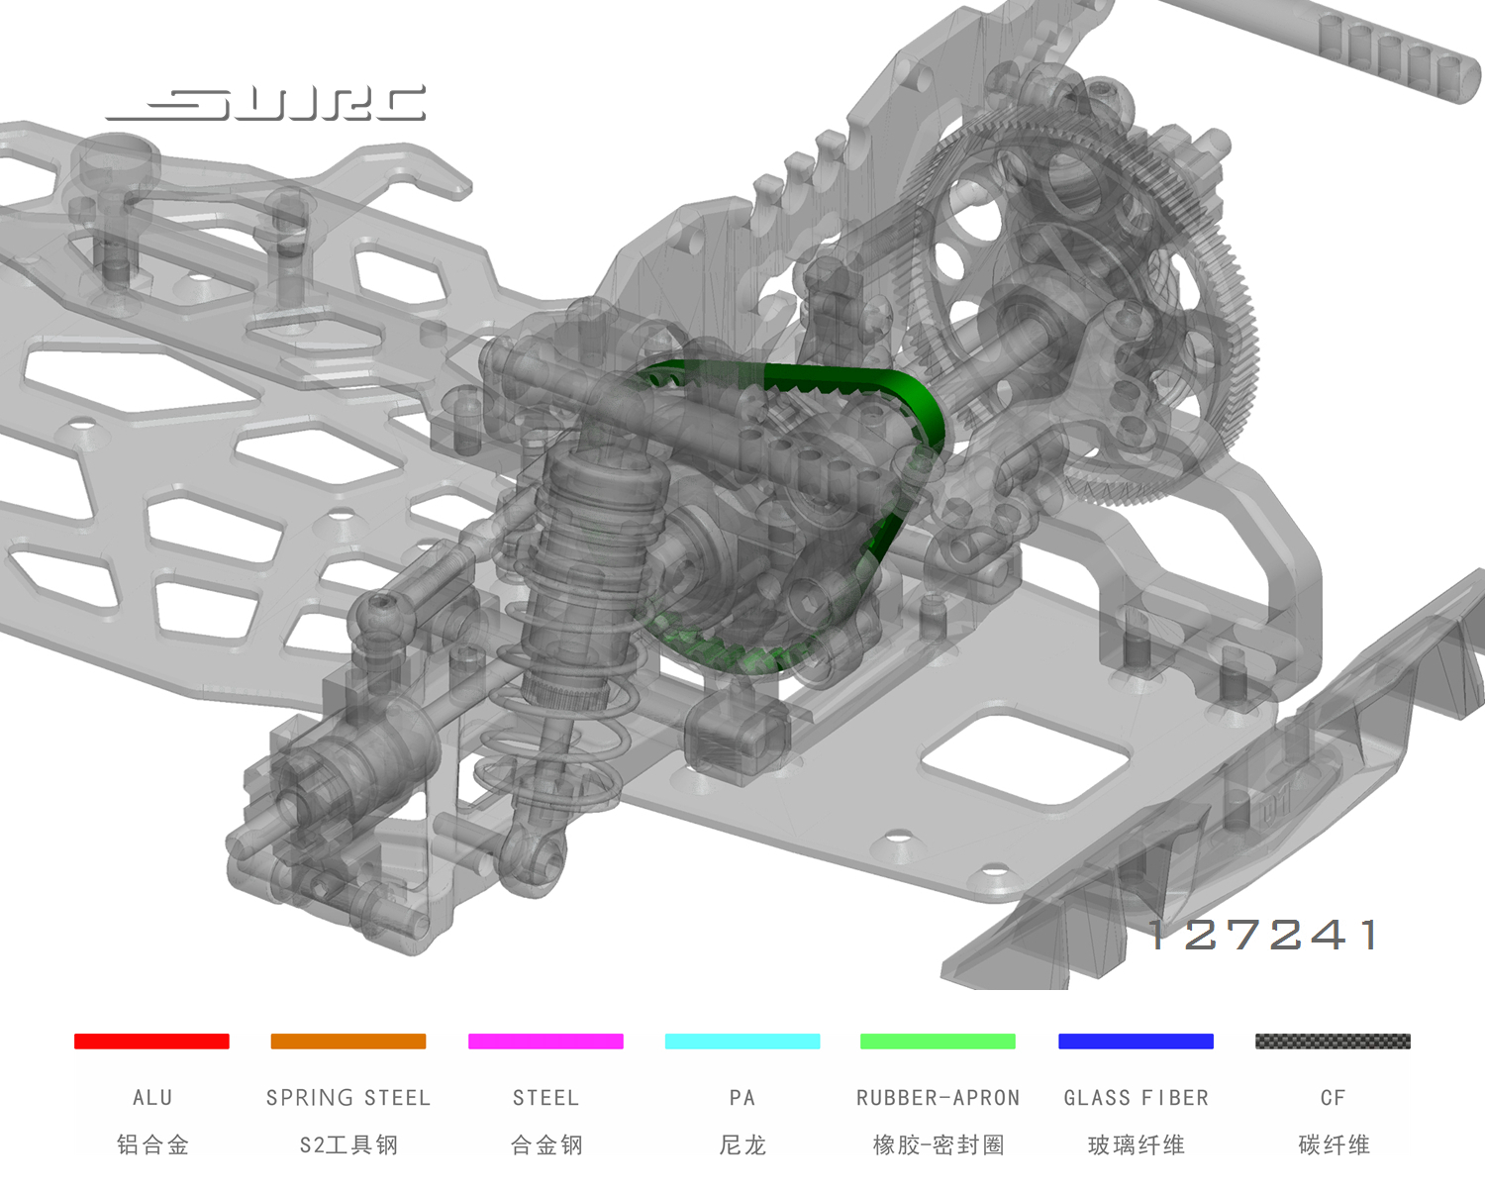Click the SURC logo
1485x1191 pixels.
(265, 104)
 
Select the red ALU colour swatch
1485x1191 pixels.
(151, 1041)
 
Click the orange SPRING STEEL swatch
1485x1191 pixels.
(348, 1041)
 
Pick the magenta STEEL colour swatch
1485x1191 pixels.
(545, 1041)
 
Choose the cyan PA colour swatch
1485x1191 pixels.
(742, 1041)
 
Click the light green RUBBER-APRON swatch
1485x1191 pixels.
(938, 1041)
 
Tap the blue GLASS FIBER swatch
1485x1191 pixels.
(1136, 1041)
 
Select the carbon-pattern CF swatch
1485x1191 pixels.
(1334, 1041)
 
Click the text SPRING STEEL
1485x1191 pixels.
(348, 1098)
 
